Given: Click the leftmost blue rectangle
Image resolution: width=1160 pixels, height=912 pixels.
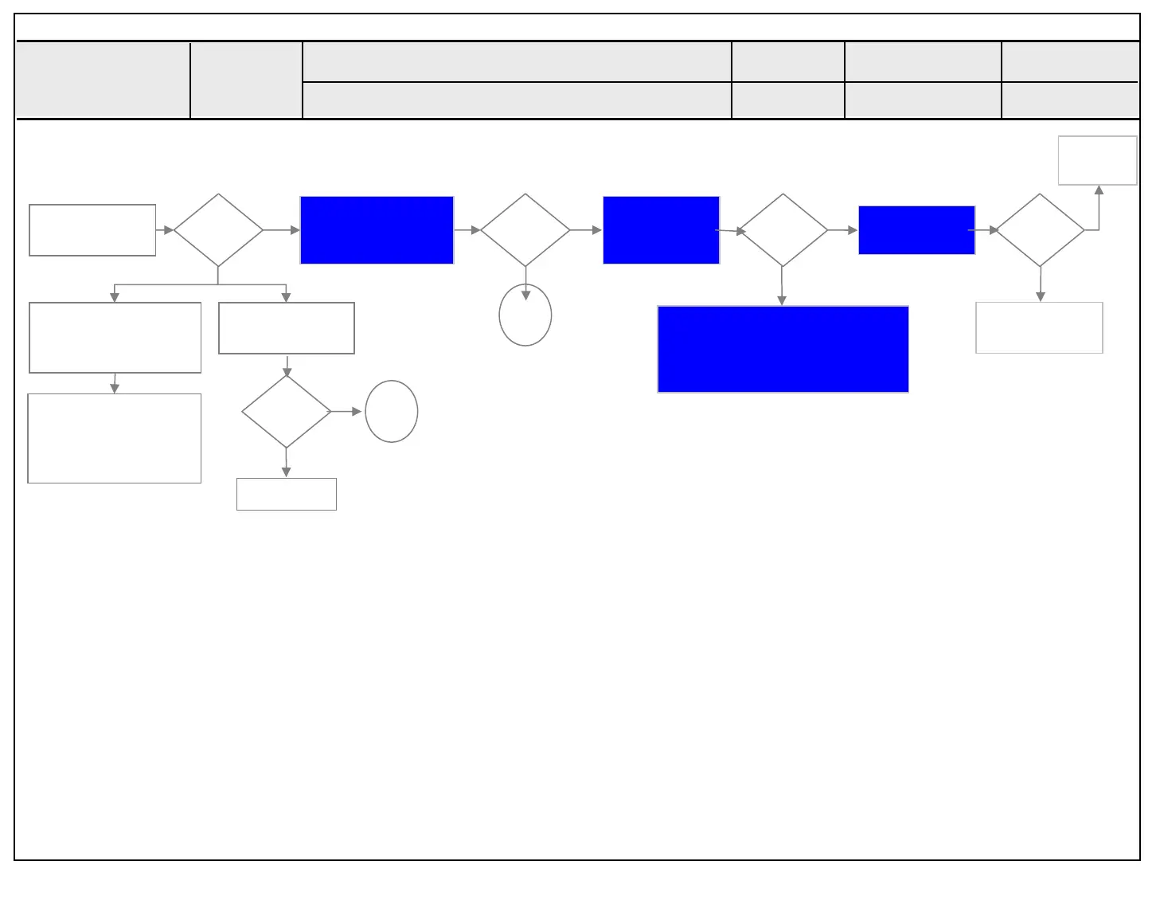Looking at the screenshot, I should click(377, 229).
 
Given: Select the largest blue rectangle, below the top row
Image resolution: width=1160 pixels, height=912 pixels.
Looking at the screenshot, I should click(783, 349).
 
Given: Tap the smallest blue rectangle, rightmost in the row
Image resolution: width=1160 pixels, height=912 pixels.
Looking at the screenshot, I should click(916, 229).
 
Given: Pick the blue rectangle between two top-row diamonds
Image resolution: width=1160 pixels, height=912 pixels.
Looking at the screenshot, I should click(661, 229).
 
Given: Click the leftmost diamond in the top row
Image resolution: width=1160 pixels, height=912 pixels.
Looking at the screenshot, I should click(218, 229).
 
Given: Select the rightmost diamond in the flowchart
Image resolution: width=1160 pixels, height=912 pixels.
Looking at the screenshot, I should click(1040, 229).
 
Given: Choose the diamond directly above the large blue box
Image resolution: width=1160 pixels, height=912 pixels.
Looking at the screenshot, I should click(783, 229).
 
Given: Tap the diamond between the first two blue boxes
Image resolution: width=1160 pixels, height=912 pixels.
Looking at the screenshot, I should click(525, 229).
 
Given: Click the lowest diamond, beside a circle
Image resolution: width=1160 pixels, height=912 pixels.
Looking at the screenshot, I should click(286, 412).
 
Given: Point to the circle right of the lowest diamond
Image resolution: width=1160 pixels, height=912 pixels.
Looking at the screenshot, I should click(392, 412).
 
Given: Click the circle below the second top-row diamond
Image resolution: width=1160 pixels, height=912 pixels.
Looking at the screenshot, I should click(525, 315).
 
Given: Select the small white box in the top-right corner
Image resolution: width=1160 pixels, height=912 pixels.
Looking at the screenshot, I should click(1097, 160).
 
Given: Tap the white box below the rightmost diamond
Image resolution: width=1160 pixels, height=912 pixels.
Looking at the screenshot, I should click(1039, 327).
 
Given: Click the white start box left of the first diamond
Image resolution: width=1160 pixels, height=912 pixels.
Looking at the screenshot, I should click(92, 229).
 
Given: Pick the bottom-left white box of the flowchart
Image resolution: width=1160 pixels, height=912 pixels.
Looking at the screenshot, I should click(115, 438).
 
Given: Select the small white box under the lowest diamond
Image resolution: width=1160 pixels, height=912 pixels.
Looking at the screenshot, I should click(287, 494).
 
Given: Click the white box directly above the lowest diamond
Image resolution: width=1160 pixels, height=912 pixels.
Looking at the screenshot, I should click(287, 327).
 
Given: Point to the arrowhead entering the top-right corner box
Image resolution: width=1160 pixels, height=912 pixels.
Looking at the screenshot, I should click(1099, 190).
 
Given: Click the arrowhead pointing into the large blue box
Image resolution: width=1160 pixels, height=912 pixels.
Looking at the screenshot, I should click(782, 300).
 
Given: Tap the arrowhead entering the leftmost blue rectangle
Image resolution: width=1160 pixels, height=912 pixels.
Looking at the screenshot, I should click(295, 230).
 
